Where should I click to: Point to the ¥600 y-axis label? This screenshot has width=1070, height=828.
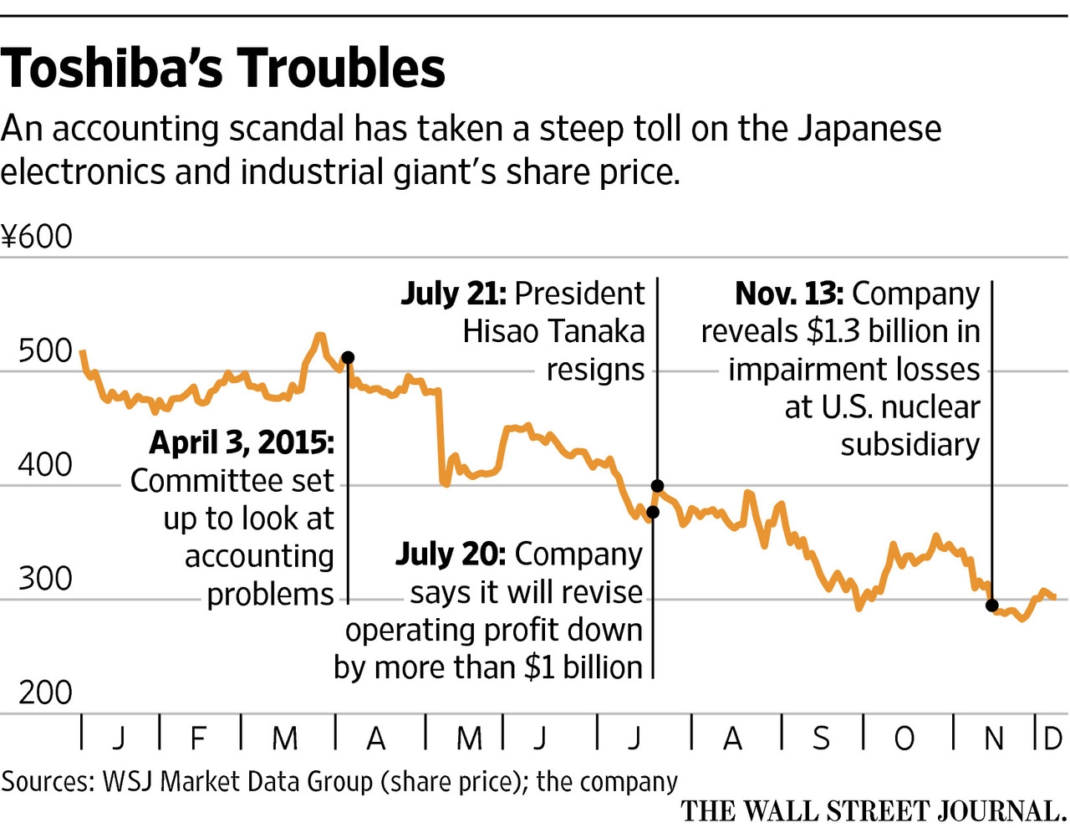click(x=38, y=238)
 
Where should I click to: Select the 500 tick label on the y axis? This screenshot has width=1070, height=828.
click(x=45, y=350)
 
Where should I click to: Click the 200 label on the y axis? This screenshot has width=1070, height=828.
click(x=45, y=693)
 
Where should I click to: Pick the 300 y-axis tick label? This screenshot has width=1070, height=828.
click(x=45, y=579)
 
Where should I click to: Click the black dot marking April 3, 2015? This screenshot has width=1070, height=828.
click(x=349, y=357)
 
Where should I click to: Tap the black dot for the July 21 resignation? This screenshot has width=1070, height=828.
click(x=657, y=486)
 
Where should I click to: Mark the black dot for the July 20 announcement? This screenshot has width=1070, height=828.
click(x=653, y=512)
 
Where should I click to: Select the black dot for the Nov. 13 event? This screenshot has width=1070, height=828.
click(x=992, y=605)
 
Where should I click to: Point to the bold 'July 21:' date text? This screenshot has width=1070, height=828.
click(x=453, y=294)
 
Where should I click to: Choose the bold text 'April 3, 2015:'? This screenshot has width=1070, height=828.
click(x=242, y=442)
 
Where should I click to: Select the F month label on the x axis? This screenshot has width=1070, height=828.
click(x=198, y=739)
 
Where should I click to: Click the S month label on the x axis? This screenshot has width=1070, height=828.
click(x=822, y=739)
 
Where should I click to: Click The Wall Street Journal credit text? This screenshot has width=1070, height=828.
click(x=873, y=811)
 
